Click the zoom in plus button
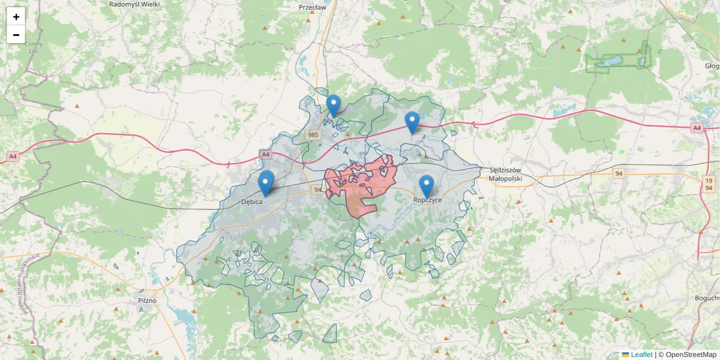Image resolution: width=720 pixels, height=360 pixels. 16,17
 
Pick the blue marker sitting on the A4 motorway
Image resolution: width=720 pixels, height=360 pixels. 412,122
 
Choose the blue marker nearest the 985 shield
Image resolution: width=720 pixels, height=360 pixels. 334,106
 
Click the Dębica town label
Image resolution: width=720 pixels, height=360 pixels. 252,202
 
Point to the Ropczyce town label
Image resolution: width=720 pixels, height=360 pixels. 428,200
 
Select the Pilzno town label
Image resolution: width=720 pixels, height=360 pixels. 147,300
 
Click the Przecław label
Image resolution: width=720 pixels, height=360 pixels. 312,8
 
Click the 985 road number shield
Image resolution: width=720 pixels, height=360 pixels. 312,135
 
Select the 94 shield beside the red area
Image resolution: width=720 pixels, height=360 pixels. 318,190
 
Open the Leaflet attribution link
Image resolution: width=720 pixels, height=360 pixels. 641,355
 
